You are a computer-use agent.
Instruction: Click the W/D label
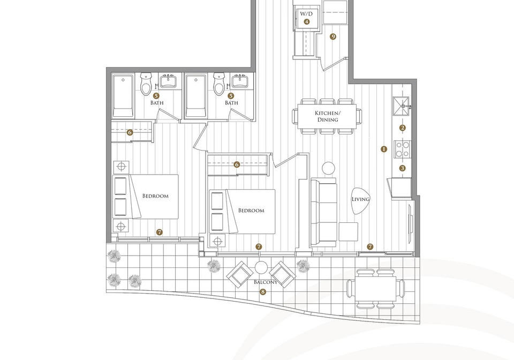(x=306, y=14)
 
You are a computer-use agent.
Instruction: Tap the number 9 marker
(x=333, y=37)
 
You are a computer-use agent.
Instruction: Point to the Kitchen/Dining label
(x=328, y=116)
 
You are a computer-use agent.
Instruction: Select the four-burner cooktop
(x=403, y=149)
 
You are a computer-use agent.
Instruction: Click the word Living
(x=360, y=199)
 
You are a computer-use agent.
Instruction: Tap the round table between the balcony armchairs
(x=261, y=267)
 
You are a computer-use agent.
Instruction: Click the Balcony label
(x=266, y=282)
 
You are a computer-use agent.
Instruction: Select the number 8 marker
(x=262, y=291)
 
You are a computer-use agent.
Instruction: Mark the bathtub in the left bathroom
(x=123, y=96)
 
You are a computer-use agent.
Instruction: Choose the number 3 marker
(x=402, y=168)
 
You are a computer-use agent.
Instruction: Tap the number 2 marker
(x=403, y=128)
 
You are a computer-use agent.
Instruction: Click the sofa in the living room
(x=323, y=212)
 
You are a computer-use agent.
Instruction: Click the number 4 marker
(x=306, y=21)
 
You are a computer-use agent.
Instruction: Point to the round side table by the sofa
(x=328, y=168)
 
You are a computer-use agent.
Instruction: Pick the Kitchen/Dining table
(x=327, y=116)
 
